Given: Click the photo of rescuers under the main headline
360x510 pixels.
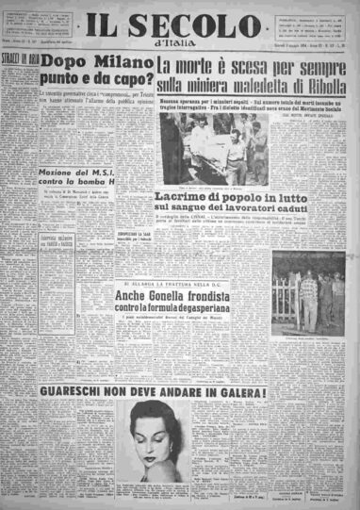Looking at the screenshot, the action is [215, 146].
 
